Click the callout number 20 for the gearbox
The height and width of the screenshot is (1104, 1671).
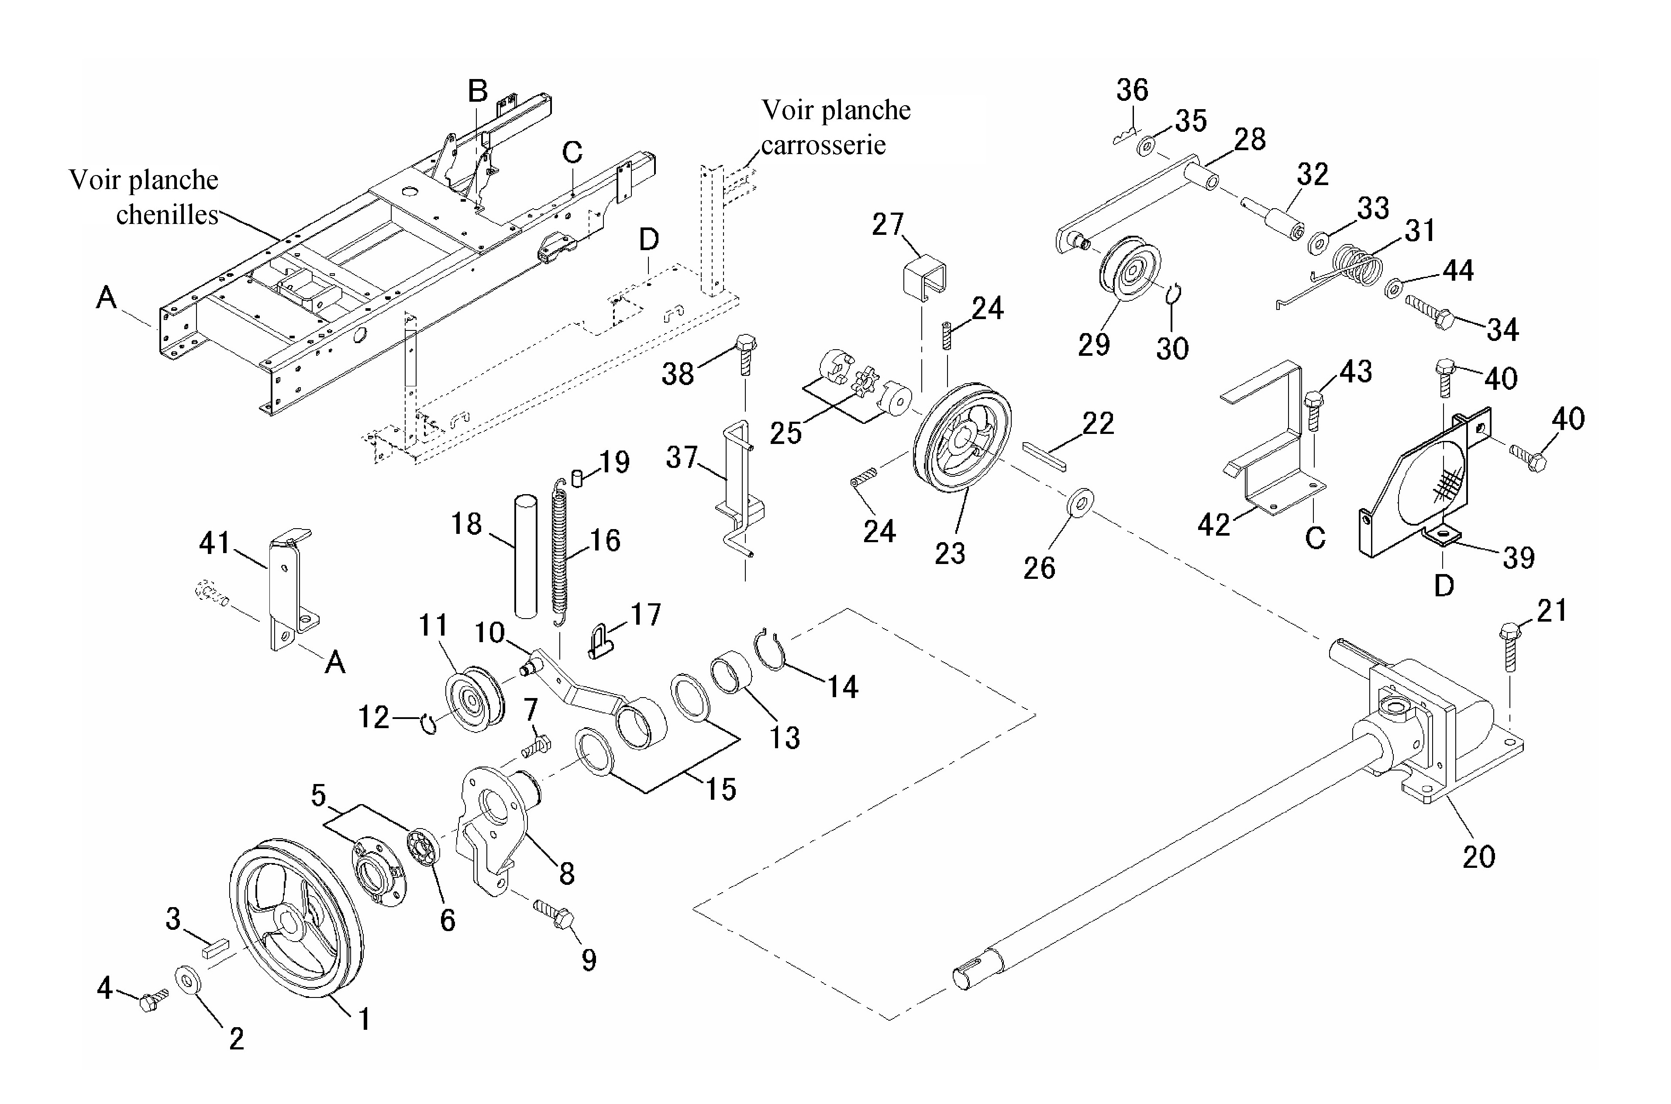click(x=1479, y=857)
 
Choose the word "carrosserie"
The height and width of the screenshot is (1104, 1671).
click(x=823, y=145)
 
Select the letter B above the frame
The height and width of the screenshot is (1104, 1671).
click(x=478, y=91)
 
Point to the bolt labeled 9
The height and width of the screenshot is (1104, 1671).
click(x=555, y=912)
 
